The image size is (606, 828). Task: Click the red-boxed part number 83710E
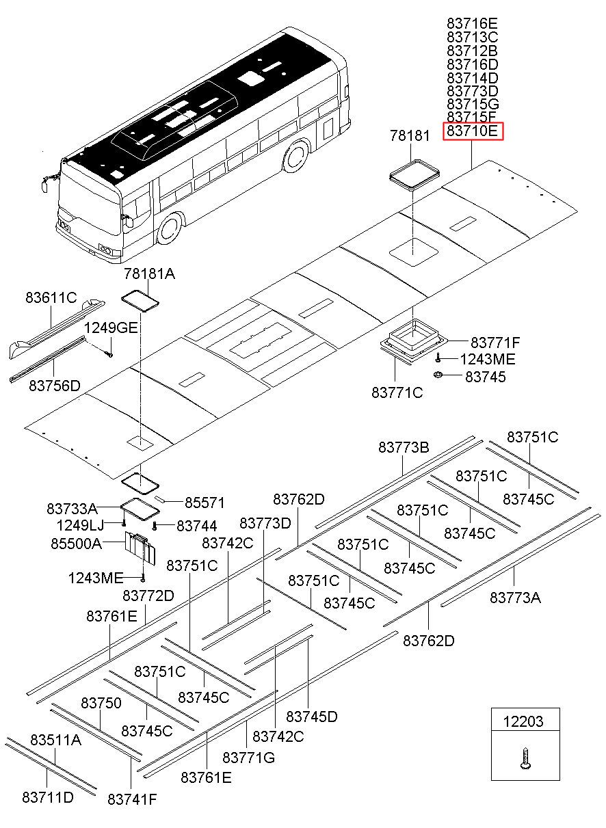point(473,131)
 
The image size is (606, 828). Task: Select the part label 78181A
point(149,274)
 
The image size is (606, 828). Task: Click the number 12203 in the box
point(523,721)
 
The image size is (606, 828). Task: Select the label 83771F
point(495,343)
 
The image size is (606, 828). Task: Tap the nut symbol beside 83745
point(438,375)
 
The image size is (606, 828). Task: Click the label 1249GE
point(111,328)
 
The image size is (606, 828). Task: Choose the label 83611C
point(51,297)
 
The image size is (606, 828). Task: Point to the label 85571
point(205,503)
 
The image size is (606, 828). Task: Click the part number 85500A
point(76,544)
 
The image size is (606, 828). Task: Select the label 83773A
point(515,598)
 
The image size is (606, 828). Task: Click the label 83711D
point(48,798)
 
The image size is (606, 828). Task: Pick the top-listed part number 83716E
point(472,24)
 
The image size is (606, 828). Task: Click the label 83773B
point(404,448)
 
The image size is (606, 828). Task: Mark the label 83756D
point(54,386)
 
